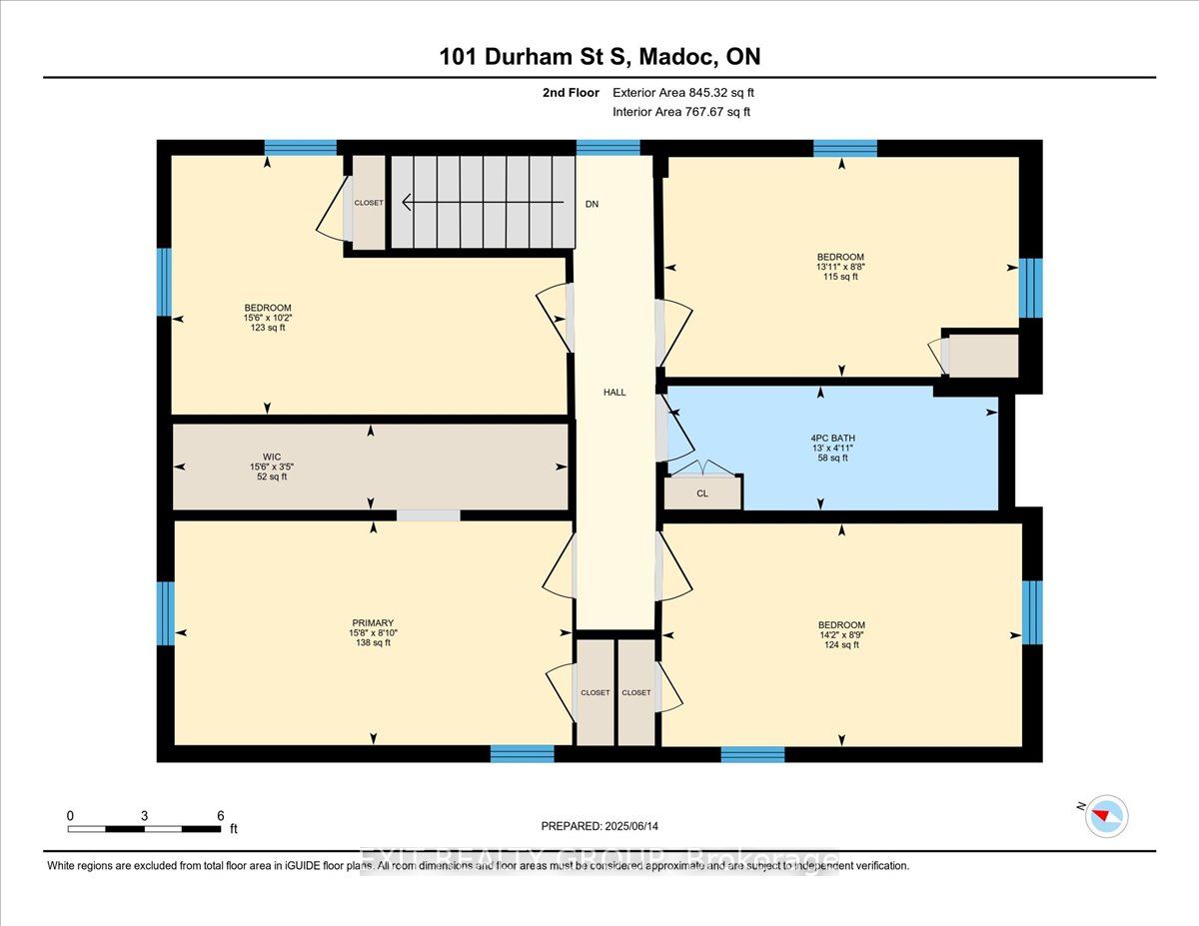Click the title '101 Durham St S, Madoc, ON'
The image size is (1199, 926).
(x=599, y=57)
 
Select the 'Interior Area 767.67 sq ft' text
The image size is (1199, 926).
(x=680, y=112)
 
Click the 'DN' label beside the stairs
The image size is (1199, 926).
(x=593, y=204)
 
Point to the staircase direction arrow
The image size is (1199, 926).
(x=480, y=203)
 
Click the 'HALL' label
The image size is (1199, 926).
(x=614, y=393)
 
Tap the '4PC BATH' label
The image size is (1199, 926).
(x=832, y=438)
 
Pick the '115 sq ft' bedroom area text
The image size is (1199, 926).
(x=838, y=277)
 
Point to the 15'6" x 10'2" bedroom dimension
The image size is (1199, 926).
(x=268, y=318)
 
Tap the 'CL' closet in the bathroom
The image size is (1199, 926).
(x=702, y=493)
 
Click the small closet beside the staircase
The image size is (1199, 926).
(x=367, y=203)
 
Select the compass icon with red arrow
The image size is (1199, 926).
(x=1107, y=815)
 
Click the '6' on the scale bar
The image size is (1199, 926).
(x=220, y=815)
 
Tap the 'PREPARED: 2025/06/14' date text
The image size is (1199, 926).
(x=599, y=826)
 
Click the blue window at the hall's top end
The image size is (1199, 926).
(x=607, y=148)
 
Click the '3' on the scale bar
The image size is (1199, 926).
(x=145, y=815)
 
